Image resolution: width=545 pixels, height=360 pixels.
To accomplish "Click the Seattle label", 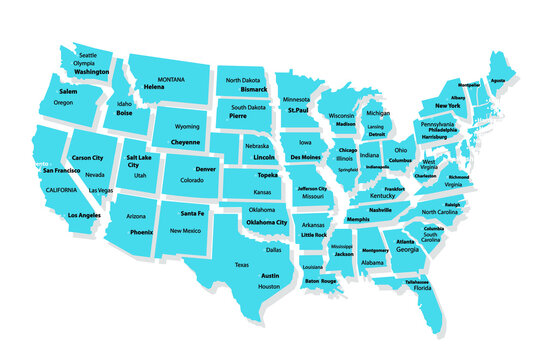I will [88, 54].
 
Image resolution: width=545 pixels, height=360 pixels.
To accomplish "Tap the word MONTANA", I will [171, 79].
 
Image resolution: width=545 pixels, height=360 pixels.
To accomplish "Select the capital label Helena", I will [154, 87].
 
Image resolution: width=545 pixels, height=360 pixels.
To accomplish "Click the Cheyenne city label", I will [186, 142].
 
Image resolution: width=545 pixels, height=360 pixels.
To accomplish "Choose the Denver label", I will [206, 169].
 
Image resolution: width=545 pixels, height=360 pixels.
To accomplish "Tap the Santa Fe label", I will [193, 213].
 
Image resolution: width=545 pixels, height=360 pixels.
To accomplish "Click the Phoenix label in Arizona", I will [141, 232].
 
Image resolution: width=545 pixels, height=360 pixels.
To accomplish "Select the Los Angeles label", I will [84, 215].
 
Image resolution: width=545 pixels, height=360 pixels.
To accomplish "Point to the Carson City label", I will [88, 158].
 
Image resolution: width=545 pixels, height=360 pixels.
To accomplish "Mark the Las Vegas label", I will [100, 190].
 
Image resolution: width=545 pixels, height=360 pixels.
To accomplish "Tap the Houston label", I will [269, 287].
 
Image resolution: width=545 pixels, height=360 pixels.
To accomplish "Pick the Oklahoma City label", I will [267, 222].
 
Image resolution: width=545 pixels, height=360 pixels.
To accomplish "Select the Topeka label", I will [267, 174].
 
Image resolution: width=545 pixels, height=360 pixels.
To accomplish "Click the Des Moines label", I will [305, 158].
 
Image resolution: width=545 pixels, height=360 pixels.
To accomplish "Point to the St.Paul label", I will [298, 110].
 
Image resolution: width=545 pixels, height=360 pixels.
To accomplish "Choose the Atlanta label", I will [405, 241].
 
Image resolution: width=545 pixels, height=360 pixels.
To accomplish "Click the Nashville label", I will [380, 210].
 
